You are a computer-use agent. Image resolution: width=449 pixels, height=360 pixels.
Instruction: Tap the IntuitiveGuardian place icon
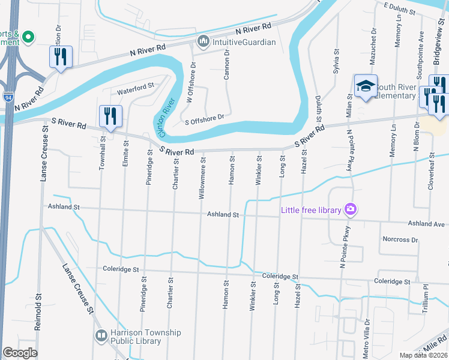(x=202, y=42)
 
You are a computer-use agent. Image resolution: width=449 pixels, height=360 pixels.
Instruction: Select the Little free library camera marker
(x=351, y=209)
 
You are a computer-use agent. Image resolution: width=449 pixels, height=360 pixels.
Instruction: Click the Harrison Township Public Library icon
(x=101, y=335)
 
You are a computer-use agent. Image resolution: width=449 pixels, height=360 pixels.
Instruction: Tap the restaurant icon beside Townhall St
(x=110, y=116)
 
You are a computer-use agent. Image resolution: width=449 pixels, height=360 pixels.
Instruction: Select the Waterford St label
(x=135, y=89)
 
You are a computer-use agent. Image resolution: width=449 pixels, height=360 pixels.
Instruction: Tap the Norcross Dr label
(x=400, y=239)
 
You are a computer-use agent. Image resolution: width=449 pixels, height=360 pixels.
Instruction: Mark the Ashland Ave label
(x=427, y=224)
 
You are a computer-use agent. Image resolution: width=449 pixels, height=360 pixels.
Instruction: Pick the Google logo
(x=20, y=353)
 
